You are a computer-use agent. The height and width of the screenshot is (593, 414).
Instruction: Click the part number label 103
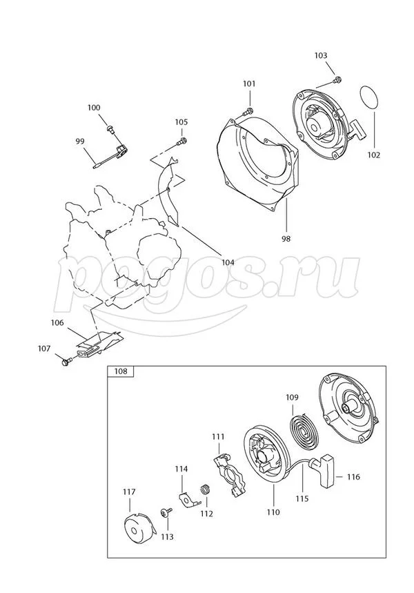click(321, 55)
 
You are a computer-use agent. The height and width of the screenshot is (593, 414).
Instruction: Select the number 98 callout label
click(286, 239)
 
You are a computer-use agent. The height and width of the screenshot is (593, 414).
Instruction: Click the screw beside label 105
click(181, 142)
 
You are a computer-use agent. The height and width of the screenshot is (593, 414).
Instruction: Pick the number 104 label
click(228, 262)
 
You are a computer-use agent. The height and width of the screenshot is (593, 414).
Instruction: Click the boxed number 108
click(121, 372)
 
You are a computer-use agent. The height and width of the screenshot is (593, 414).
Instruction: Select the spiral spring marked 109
click(301, 428)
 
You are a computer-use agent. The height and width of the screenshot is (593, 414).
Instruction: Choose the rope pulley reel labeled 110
click(266, 459)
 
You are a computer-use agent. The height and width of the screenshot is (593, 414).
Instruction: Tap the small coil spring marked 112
click(204, 491)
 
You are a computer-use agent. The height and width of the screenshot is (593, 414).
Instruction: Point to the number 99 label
click(80, 141)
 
